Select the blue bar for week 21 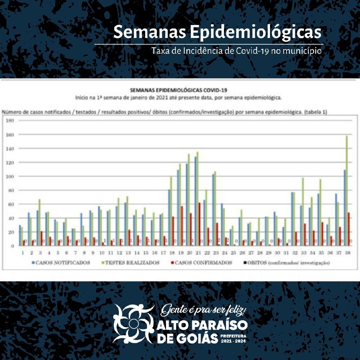tap(195, 201)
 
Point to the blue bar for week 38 tap(345, 207)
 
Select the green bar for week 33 tap(303, 211)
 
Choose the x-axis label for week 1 tap(22, 253)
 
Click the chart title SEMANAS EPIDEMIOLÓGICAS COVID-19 tap(178, 90)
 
